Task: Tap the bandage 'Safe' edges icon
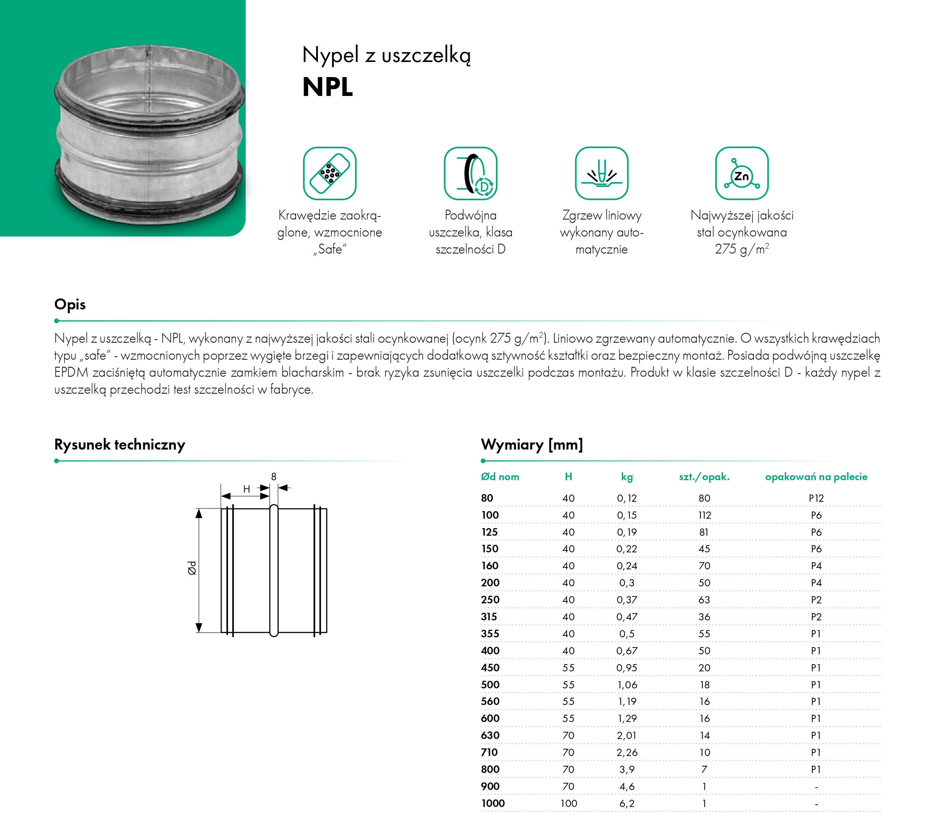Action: click(x=330, y=173)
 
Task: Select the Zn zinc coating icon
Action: click(x=741, y=173)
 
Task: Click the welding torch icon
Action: click(x=602, y=173)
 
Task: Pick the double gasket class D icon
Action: click(x=470, y=173)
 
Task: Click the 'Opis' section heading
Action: click(x=70, y=304)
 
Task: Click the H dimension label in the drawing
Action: click(x=247, y=489)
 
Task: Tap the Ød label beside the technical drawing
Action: click(x=192, y=568)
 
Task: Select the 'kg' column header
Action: click(x=627, y=477)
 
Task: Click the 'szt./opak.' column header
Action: click(x=704, y=477)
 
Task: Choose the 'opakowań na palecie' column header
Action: click(x=816, y=477)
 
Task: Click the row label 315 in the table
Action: click(x=489, y=617)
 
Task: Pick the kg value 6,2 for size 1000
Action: click(x=627, y=804)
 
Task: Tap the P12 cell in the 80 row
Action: click(x=816, y=498)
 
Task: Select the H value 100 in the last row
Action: click(x=569, y=804)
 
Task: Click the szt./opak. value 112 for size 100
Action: click(x=704, y=515)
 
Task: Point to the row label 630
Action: click(x=490, y=736)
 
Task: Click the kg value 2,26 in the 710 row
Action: click(x=627, y=753)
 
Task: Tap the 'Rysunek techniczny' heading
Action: click(x=120, y=445)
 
